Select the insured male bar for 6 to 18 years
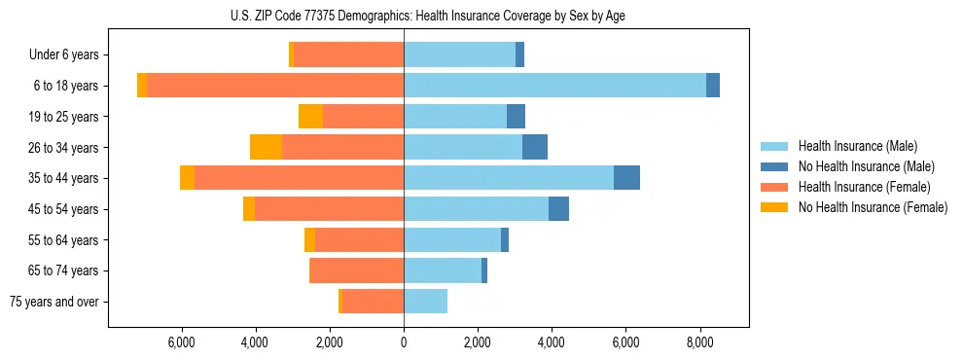[554, 86]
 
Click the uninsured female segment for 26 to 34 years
[266, 147]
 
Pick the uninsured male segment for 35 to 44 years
[626, 178]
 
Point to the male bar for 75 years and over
[425, 302]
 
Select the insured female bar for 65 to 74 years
[356, 270]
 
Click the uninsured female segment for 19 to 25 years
[310, 117]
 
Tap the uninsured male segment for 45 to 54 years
[558, 209]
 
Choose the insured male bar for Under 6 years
[459, 54]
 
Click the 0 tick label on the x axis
[404, 343]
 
